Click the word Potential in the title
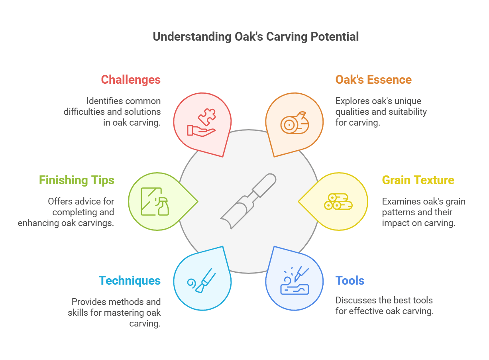point(335,37)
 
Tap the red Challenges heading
point(131,80)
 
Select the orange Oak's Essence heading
point(373,79)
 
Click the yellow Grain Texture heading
point(418,180)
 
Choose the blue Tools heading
point(350,281)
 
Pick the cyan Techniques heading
point(130,281)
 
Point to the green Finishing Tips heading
point(77,180)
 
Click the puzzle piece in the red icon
point(207,117)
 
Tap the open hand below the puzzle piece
point(201,131)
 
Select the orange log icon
point(295,123)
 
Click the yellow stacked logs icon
point(338,201)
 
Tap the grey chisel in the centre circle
point(248,201)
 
